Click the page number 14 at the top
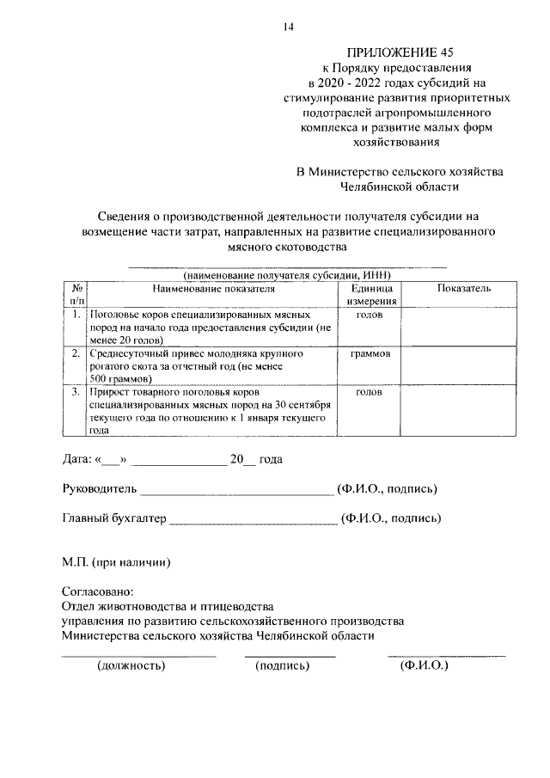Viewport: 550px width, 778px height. pyautogui.click(x=289, y=27)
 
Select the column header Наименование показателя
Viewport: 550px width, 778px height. pyautogui.click(x=214, y=290)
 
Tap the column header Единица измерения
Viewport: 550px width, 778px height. pyautogui.click(x=371, y=295)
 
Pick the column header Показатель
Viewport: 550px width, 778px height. pyautogui.click(x=463, y=289)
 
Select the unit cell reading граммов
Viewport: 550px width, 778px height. pyautogui.click(x=371, y=353)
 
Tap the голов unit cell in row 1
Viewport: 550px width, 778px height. pyautogui.click(x=371, y=315)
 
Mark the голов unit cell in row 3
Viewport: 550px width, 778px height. pyautogui.click(x=371, y=392)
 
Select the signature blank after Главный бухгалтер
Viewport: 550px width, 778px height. pyautogui.click(x=254, y=520)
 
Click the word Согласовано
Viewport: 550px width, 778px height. pyautogui.click(x=98, y=592)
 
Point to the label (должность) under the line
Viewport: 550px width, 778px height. pyautogui.click(x=131, y=665)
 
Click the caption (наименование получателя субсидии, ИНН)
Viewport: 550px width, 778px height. pyautogui.click(x=286, y=274)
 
